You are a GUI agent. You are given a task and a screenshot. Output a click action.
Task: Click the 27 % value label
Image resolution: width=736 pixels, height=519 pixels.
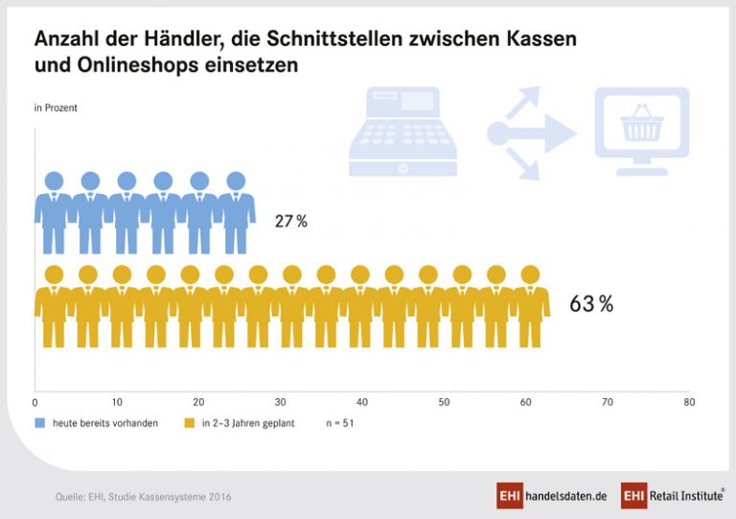[291, 222]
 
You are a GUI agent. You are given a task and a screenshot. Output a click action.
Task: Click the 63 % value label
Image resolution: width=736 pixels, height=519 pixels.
[591, 305]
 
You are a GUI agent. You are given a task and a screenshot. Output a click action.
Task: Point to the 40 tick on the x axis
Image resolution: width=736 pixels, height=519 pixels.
[362, 403]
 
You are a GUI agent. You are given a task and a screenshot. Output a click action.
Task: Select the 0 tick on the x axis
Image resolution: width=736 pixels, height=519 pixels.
[35, 403]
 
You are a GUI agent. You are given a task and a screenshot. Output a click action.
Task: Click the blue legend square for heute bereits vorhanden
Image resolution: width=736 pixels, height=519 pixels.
[40, 422]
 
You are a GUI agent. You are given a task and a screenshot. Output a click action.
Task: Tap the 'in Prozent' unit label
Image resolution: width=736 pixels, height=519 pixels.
[56, 107]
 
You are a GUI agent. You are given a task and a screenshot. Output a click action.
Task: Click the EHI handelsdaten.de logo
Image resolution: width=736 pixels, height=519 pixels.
[551, 495]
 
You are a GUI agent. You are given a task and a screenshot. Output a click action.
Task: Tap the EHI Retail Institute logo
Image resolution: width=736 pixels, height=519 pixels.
[671, 495]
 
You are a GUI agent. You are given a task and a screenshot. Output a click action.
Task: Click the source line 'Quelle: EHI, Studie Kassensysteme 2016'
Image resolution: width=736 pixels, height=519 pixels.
[143, 497]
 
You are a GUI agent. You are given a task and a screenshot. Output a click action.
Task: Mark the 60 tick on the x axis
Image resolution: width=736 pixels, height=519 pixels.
[525, 403]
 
